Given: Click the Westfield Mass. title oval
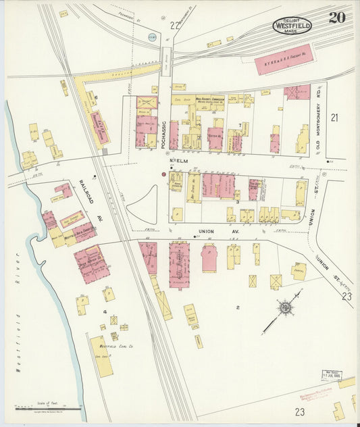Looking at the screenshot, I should pyautogui.click(x=292, y=26).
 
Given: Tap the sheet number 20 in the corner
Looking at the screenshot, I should pyautogui.click(x=337, y=18).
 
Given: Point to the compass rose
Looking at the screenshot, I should pyautogui.click(x=286, y=309).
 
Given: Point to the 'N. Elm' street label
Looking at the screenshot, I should pyautogui.click(x=179, y=161).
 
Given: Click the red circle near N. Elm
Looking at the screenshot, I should pyautogui.click(x=163, y=174).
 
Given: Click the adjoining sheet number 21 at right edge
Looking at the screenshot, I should pyautogui.click(x=334, y=118).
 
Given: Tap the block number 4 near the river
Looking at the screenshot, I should pyautogui.click(x=105, y=311).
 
